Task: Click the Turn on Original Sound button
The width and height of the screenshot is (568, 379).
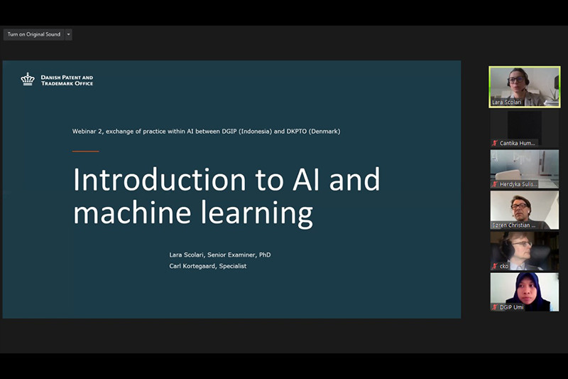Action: (x=33, y=34)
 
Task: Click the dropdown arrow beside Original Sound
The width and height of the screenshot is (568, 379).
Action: (x=68, y=34)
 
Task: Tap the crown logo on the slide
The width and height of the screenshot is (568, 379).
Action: (x=28, y=79)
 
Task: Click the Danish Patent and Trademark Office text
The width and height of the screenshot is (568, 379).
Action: (x=67, y=80)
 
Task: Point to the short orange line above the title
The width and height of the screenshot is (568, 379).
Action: (x=85, y=151)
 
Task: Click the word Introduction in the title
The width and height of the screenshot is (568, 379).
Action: (x=159, y=179)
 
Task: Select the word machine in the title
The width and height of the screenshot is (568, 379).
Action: (x=132, y=213)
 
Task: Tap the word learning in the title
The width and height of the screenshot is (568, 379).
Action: (x=257, y=214)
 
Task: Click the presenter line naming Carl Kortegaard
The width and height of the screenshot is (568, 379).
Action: (x=207, y=266)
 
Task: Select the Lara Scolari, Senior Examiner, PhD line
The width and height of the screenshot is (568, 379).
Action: (x=220, y=255)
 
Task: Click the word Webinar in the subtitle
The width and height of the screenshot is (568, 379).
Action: (x=84, y=132)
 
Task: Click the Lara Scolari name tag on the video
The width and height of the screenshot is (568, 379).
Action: (x=506, y=102)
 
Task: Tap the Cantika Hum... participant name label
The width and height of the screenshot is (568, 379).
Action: (x=517, y=143)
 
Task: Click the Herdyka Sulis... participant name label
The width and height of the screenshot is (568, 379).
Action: (x=518, y=184)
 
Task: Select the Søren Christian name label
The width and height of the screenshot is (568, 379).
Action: (x=513, y=225)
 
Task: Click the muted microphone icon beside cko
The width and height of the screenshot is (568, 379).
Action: (x=495, y=266)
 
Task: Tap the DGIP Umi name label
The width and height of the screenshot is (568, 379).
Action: (x=511, y=307)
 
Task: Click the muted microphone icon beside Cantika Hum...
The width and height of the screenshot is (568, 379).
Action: (x=495, y=143)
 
